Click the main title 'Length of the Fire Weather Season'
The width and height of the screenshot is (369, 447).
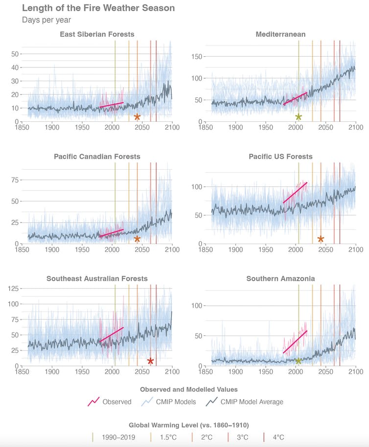[98, 8]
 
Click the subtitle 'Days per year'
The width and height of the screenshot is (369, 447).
[46, 20]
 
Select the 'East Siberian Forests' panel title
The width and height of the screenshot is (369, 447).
[97, 34]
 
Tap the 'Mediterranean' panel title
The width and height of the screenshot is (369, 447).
[280, 34]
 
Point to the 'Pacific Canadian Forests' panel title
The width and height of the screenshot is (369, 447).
[97, 156]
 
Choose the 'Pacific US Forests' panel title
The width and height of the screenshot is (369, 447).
[280, 156]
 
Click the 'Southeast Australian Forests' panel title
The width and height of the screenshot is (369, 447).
[97, 279]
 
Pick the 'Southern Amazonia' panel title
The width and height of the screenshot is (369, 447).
[280, 279]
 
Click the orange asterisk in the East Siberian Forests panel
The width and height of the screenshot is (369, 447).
[137, 117]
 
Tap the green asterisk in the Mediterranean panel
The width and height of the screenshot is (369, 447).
[299, 117]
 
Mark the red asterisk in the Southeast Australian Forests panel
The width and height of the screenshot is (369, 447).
[150, 361]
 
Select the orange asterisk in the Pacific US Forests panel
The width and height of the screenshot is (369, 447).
[321, 239]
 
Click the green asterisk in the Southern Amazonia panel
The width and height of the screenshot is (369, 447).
[298, 361]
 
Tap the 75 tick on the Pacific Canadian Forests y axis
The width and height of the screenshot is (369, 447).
[15, 180]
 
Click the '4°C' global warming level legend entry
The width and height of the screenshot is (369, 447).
[277, 437]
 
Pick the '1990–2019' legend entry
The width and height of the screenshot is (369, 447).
[118, 437]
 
